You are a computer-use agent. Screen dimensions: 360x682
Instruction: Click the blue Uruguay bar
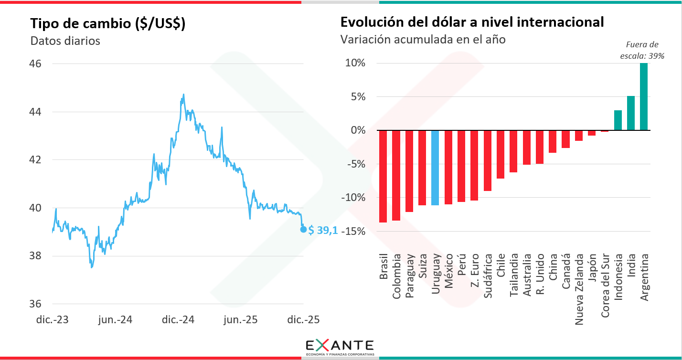click(435, 168)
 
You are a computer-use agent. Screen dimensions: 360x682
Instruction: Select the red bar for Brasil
click(383, 176)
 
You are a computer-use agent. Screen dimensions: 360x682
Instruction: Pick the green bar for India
click(631, 113)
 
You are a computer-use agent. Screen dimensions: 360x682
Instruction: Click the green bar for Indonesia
click(618, 120)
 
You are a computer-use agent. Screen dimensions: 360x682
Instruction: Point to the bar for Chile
click(501, 154)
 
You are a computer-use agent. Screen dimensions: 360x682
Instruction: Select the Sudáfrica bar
click(488, 160)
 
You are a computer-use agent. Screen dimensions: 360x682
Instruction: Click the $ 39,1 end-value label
click(323, 230)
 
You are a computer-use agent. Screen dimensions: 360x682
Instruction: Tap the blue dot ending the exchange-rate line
click(303, 230)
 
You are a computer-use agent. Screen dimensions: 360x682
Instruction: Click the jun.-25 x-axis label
click(242, 319)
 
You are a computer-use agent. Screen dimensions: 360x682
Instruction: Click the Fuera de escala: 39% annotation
click(642, 50)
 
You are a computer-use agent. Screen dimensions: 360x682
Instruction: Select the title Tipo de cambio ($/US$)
click(108, 24)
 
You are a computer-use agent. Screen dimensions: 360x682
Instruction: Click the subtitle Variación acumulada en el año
click(423, 40)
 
